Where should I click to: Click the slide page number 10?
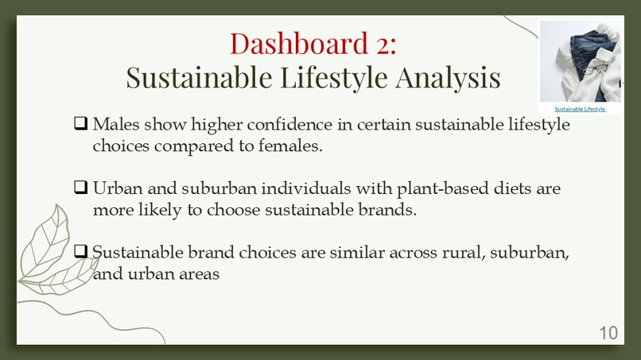608,333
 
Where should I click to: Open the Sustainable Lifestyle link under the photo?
580,109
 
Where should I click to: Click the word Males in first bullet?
115,125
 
